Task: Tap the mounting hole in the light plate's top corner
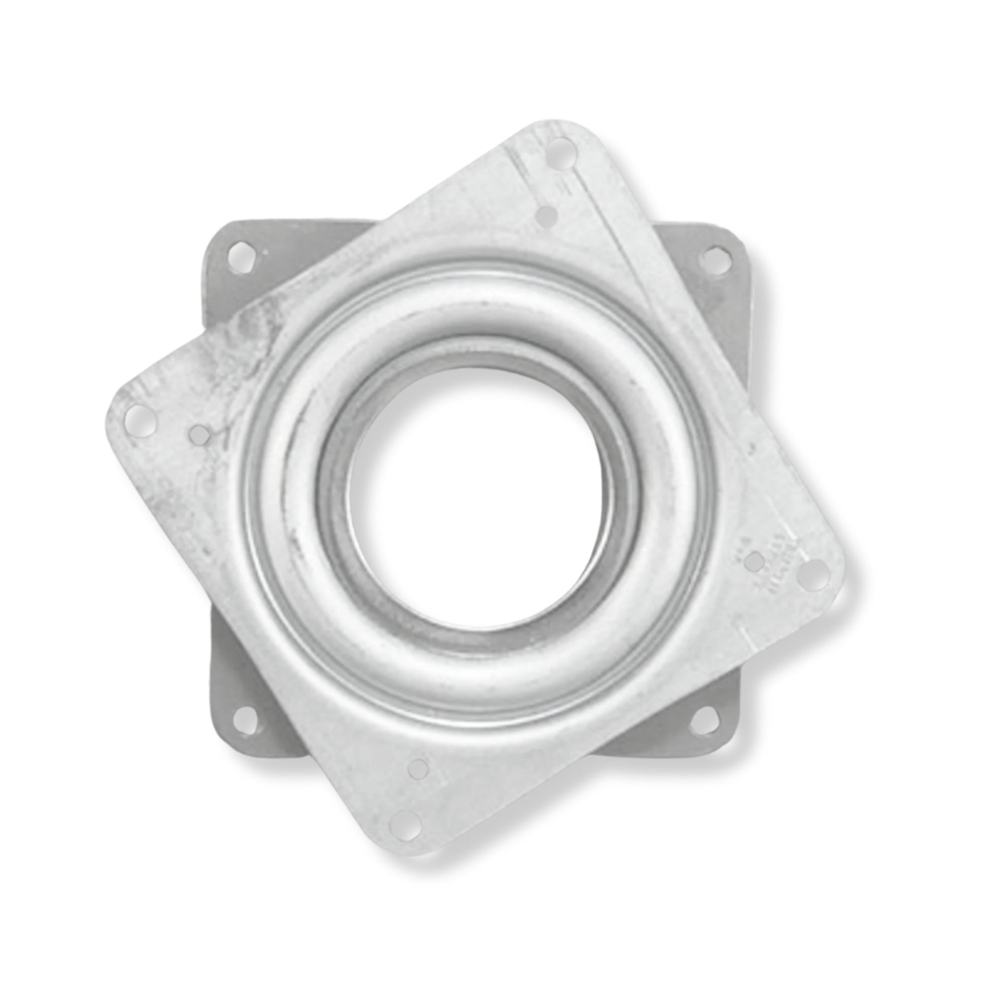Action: pyautogui.click(x=563, y=150)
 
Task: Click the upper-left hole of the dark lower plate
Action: pyautogui.click(x=243, y=253)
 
